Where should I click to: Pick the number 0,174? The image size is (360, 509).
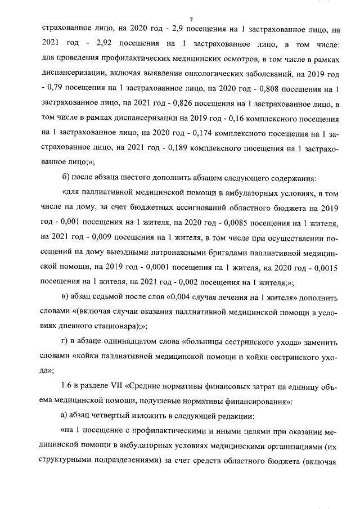click(x=196, y=133)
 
